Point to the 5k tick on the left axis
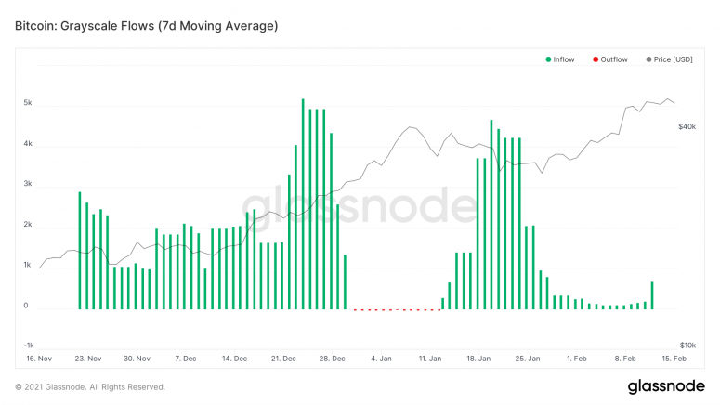click(29, 103)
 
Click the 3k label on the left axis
click(29, 185)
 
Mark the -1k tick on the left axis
click(28, 345)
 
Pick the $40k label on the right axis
click(688, 126)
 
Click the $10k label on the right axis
click(688, 345)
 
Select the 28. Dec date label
click(333, 358)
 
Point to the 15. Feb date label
click(674, 358)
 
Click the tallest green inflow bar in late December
click(303, 204)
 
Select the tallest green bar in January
click(491, 215)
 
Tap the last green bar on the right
click(652, 295)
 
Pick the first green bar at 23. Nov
click(80, 251)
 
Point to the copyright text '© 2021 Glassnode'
click(90, 386)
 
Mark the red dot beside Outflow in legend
click(596, 59)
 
